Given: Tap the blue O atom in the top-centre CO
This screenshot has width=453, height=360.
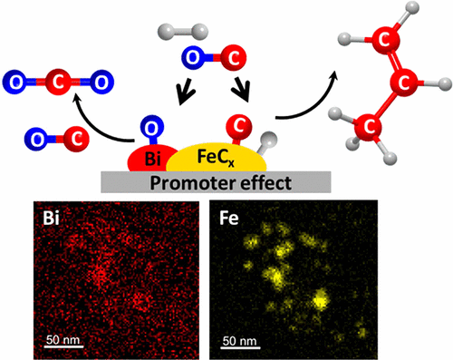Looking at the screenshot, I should (x=192, y=58).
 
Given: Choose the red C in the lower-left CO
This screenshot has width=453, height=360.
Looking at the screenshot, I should (x=76, y=140).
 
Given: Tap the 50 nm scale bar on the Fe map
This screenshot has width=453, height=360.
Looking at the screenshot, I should (x=237, y=348).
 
